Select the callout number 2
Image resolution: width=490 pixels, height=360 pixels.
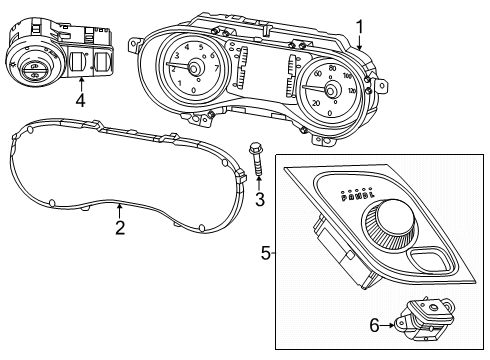pyautogui.click(x=120, y=229)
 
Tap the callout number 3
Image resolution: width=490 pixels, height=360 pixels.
pyautogui.click(x=259, y=200)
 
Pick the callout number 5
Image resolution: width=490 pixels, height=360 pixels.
pyautogui.click(x=266, y=254)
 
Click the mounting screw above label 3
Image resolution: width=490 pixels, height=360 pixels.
pyautogui.click(x=256, y=161)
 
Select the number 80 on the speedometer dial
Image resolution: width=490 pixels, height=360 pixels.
pyautogui.click(x=332, y=69)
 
